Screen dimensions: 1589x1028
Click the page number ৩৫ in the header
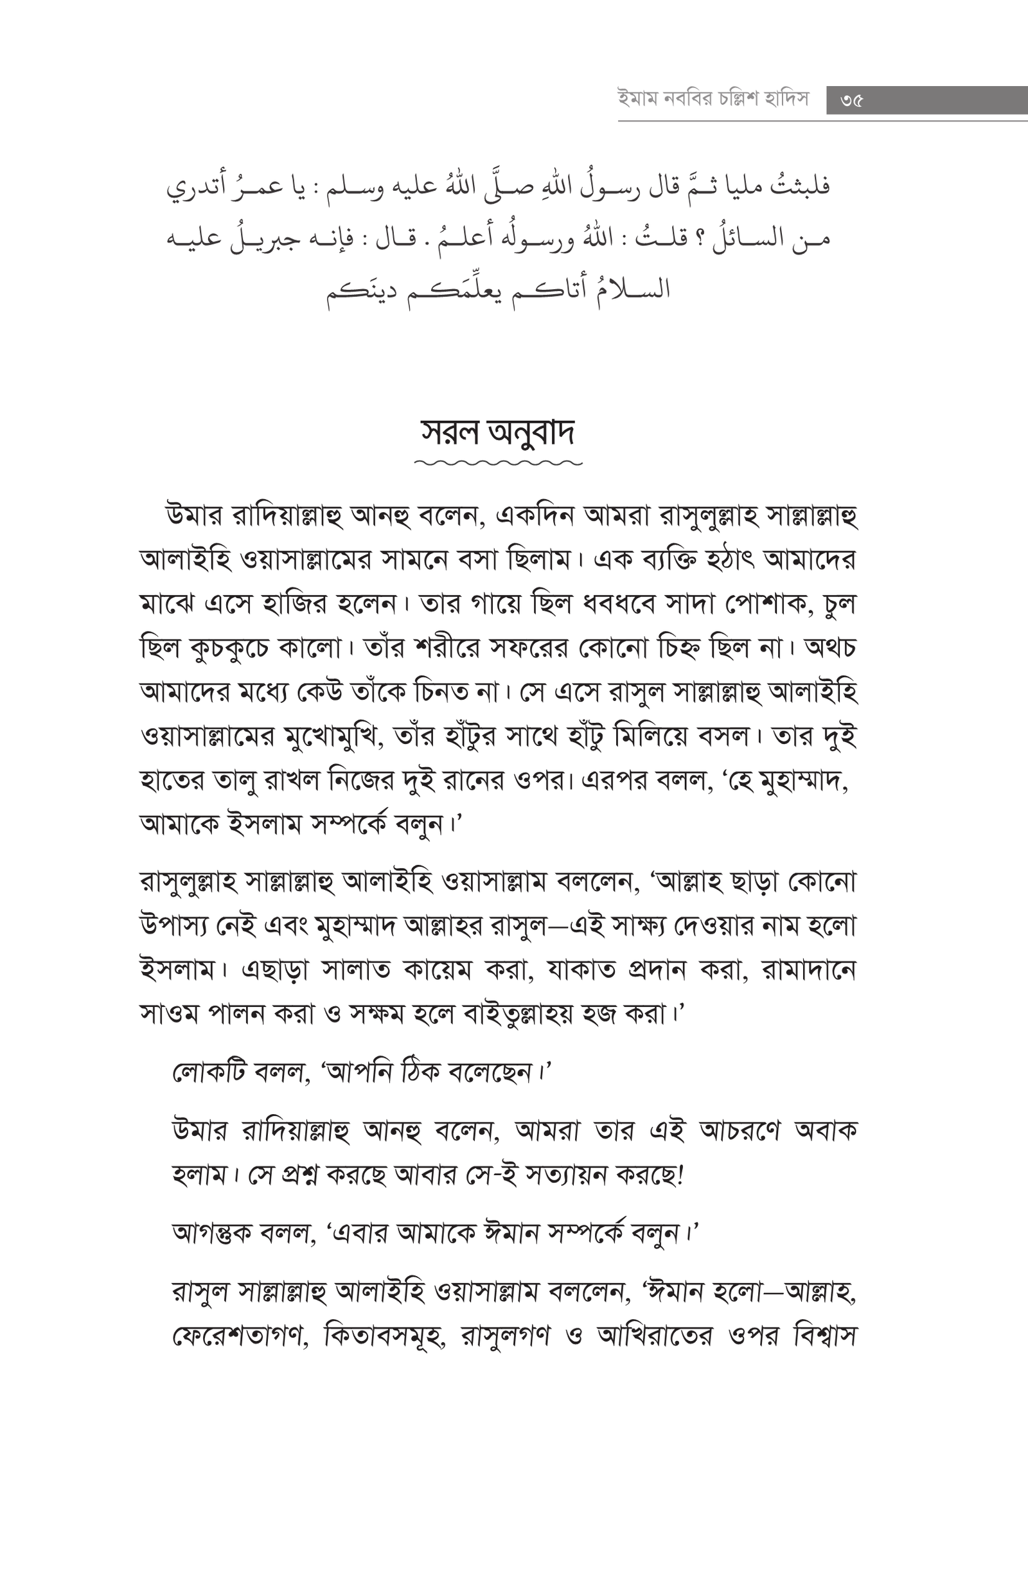[852, 101]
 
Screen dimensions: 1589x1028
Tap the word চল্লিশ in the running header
[734, 100]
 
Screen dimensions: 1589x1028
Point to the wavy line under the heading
[498, 462]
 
